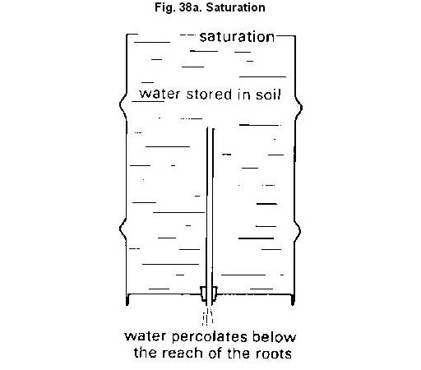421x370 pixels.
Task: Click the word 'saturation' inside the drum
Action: (x=237, y=37)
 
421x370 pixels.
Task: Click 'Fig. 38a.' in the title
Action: (x=178, y=7)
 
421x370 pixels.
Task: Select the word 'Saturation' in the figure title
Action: (x=235, y=7)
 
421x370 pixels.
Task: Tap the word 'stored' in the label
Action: (x=209, y=95)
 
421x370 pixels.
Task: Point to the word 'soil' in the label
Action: (x=269, y=95)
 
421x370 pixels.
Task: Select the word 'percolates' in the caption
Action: (x=210, y=337)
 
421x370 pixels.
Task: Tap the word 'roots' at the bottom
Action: (x=274, y=354)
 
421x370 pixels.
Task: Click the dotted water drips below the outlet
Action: (x=208, y=317)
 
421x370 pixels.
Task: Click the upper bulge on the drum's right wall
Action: (x=299, y=108)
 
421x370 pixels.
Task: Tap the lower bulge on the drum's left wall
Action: (x=122, y=229)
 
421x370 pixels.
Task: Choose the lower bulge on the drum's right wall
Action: (x=298, y=232)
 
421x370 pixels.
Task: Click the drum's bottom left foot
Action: (x=127, y=300)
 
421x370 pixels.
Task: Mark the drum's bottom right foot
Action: (x=293, y=300)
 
